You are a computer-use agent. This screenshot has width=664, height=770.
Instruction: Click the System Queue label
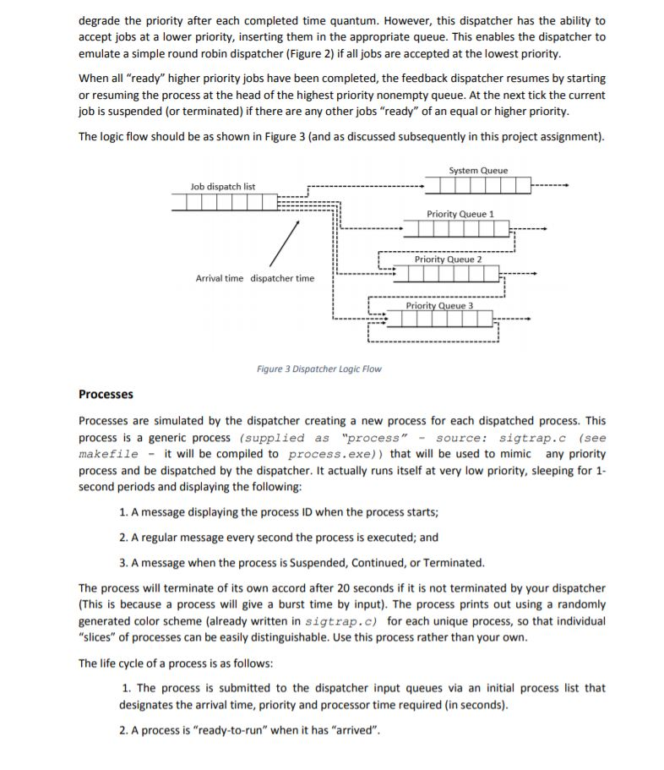(478, 171)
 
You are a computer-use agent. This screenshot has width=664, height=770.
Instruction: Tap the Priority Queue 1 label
(460, 215)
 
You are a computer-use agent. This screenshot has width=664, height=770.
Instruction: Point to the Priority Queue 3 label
(438, 305)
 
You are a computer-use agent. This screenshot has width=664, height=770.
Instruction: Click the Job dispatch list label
(223, 187)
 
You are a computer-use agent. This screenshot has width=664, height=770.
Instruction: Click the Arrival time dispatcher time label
(254, 278)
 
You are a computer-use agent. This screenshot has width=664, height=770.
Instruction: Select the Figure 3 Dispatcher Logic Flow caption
(318, 369)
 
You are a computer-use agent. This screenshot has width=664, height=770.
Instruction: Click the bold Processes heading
(106, 394)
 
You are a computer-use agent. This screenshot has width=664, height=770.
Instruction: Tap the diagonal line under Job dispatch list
(285, 244)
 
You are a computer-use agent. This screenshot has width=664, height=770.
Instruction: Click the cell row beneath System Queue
(478, 185)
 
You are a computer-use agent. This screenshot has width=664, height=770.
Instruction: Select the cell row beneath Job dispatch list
(224, 202)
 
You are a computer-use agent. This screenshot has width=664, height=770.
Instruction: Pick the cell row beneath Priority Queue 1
(456, 229)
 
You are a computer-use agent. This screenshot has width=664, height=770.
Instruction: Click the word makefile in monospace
(108, 454)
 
